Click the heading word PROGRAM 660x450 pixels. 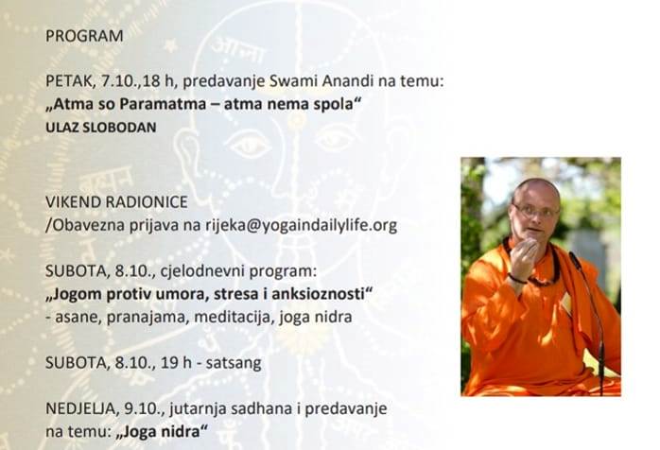tap(84, 36)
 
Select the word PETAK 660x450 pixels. tap(69, 80)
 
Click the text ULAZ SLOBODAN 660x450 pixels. tap(101, 127)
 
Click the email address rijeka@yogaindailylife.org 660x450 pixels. tap(301, 226)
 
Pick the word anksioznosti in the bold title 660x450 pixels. tap(322, 294)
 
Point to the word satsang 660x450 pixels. tap(234, 363)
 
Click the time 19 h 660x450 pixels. tap(176, 362)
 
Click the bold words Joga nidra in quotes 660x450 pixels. tap(163, 431)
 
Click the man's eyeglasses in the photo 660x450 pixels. tap(535, 211)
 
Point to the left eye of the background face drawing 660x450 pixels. tap(250, 147)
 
